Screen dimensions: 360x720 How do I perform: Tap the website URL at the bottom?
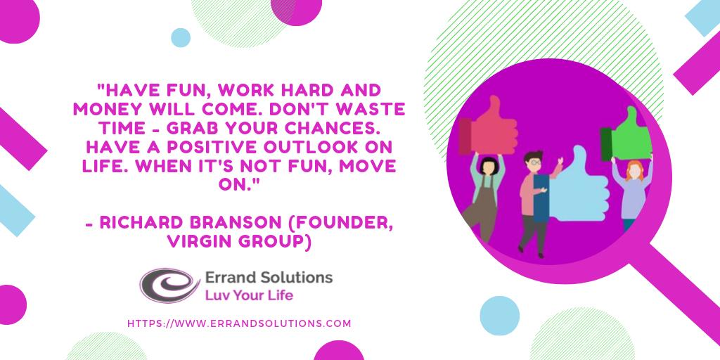[239, 323]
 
